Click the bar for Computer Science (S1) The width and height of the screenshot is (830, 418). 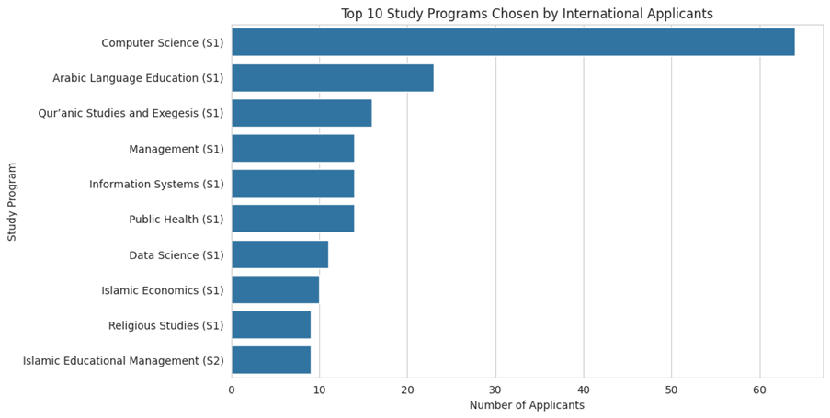pos(513,42)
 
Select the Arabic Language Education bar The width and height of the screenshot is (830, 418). pos(332,78)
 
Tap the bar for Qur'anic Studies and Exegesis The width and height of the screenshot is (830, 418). pos(301,113)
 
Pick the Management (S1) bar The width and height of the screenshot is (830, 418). pos(292,149)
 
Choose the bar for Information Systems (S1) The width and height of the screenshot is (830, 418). pos(292,184)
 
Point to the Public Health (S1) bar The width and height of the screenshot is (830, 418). pos(292,219)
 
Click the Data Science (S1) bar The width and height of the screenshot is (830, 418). pos(279,254)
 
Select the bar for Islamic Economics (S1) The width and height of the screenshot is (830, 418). pos(275,289)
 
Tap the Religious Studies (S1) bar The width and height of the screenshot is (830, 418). pos(271,325)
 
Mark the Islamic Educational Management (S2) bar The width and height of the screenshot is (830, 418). pos(271,360)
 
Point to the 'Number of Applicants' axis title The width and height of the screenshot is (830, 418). pos(527,405)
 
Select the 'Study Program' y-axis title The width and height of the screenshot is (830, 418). pos(13,201)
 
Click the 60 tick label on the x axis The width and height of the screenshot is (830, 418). pos(759,390)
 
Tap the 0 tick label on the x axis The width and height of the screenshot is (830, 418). pos(232,390)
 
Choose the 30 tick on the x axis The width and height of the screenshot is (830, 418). pos(495,390)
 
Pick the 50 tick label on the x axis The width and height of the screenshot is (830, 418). pos(671,390)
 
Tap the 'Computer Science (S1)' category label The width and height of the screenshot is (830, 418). pos(162,42)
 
